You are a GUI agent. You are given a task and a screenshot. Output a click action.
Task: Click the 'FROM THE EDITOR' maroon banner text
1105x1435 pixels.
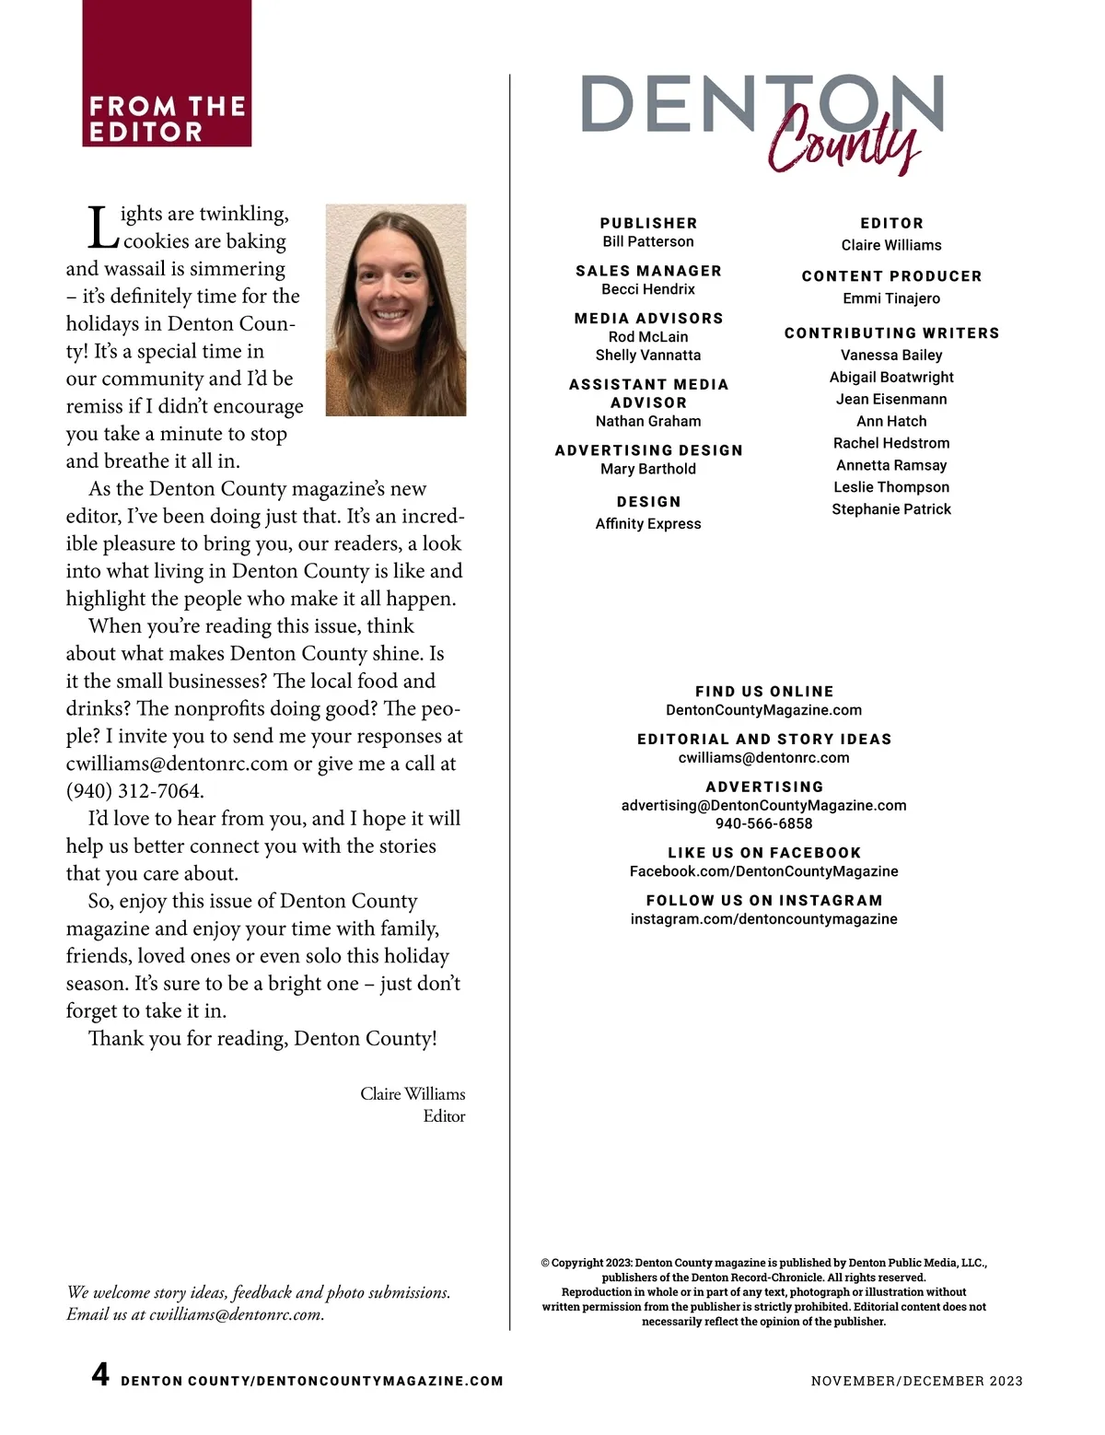(x=167, y=119)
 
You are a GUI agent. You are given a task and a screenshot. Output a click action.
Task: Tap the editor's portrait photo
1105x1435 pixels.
(x=396, y=309)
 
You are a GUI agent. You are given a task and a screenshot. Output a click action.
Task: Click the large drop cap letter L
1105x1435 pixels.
(x=102, y=227)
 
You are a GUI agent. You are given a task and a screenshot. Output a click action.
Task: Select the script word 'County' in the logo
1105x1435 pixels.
(x=843, y=141)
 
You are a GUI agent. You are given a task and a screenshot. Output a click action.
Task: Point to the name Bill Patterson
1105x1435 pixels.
(x=648, y=241)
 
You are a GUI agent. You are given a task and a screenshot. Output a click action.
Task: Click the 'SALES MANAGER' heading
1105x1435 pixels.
(x=648, y=271)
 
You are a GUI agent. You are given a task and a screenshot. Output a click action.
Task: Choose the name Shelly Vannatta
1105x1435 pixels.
(x=648, y=355)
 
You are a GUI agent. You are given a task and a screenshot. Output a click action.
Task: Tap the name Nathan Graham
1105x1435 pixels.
(x=648, y=421)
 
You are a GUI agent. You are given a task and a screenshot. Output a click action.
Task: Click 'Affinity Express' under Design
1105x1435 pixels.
(x=648, y=523)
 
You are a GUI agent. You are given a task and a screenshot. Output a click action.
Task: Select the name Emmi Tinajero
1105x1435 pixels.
(x=891, y=298)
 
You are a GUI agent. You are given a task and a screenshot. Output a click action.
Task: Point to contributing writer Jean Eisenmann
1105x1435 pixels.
(x=891, y=399)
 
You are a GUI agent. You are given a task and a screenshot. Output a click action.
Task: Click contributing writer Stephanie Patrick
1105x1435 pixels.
(x=891, y=509)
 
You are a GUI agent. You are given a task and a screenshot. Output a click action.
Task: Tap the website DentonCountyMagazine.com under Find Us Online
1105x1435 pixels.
(x=764, y=710)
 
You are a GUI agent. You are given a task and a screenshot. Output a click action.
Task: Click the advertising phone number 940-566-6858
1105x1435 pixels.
(x=764, y=823)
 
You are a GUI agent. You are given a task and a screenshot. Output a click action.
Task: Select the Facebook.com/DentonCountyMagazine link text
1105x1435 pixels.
(x=764, y=871)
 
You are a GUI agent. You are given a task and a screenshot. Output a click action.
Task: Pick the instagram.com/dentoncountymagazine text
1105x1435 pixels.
(x=764, y=919)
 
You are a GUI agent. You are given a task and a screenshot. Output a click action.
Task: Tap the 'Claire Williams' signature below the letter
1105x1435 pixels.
(x=413, y=1094)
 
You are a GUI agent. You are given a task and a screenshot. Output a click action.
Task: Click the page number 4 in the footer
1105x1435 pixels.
(x=100, y=1375)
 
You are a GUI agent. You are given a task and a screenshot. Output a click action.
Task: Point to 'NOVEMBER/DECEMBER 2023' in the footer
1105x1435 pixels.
(x=916, y=1381)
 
